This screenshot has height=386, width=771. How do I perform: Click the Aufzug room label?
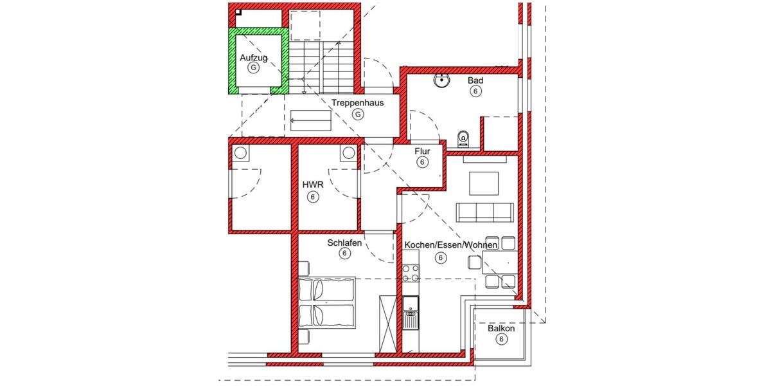253,58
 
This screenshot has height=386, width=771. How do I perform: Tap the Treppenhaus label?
357,102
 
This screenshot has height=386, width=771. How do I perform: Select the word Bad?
475,80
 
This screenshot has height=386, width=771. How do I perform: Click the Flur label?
422,151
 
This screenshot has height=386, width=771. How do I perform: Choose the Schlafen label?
344,243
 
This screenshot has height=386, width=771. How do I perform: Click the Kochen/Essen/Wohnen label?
441,246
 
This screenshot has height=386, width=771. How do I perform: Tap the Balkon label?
501,329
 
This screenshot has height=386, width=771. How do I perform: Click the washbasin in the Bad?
442,81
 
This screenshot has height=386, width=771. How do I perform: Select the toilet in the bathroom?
463,138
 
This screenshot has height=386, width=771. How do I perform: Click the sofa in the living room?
484,212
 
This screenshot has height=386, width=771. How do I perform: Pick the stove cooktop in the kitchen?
411,273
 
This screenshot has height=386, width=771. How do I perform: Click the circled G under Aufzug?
254,68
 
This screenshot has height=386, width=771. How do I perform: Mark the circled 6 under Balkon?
501,340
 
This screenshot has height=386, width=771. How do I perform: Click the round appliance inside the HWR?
348,152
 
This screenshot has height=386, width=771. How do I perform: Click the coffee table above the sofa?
484,184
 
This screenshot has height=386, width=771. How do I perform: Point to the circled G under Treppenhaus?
358,114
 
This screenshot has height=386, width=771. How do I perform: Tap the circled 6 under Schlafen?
344,254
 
